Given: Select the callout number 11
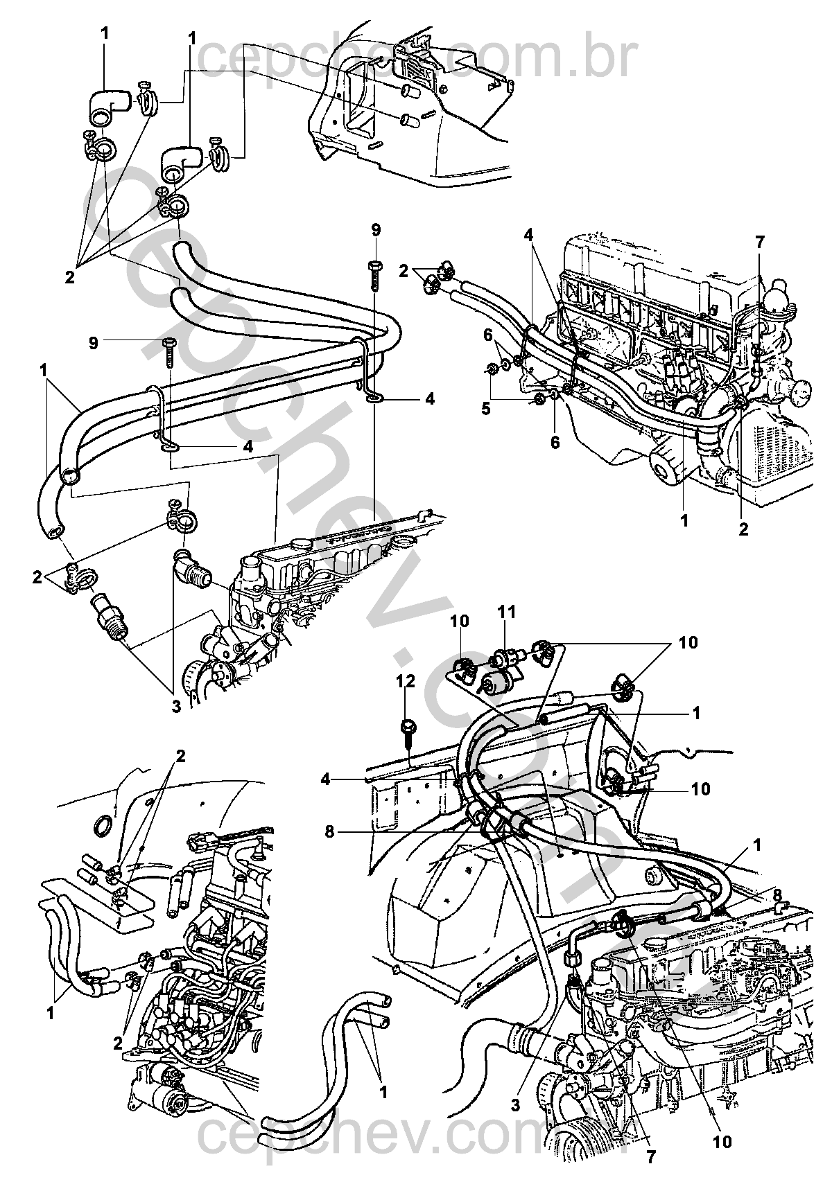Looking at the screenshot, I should (x=508, y=612).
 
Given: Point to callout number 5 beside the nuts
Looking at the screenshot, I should (x=485, y=409).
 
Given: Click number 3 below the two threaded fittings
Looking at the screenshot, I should (x=175, y=707).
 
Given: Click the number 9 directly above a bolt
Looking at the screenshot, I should (x=376, y=229).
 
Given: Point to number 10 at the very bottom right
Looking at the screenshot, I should (x=722, y=1142).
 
